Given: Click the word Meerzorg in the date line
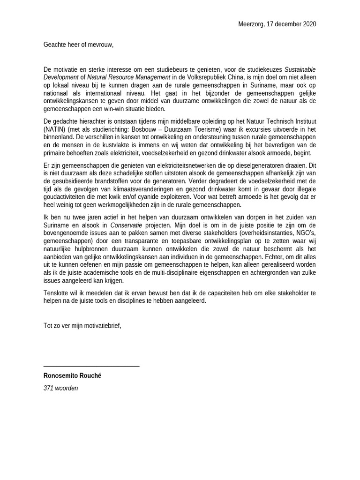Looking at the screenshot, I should pyautogui.click(x=251, y=24).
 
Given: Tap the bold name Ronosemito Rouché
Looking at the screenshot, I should pyautogui.click(x=72, y=376).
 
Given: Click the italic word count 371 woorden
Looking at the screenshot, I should pyautogui.click(x=60, y=388).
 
